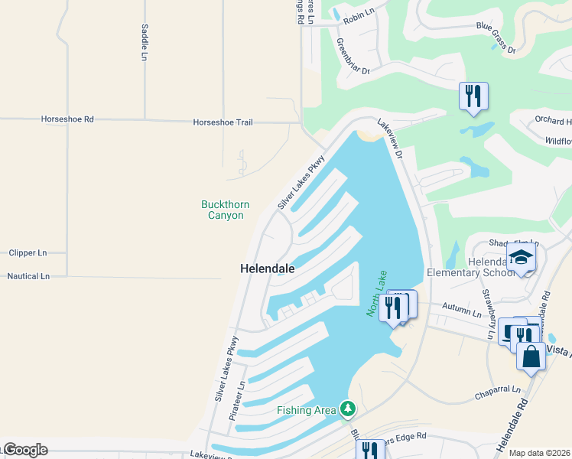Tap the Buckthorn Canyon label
pyautogui.click(x=223, y=210)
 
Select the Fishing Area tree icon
pyautogui.click(x=348, y=409)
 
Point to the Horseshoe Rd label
pyautogui.click(x=67, y=119)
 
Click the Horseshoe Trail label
pyautogui.click(x=223, y=122)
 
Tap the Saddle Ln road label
pyautogui.click(x=144, y=41)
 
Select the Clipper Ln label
pyautogui.click(x=28, y=252)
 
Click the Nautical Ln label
pyautogui.click(x=28, y=275)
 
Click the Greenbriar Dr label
pyautogui.click(x=353, y=56)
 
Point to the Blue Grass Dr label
pyautogui.click(x=496, y=37)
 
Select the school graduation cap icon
pyautogui.click(x=521, y=256)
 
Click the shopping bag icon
pyautogui.click(x=531, y=356)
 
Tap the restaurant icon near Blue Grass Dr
pyautogui.click(x=473, y=96)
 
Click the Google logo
pyautogui.click(x=24, y=450)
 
